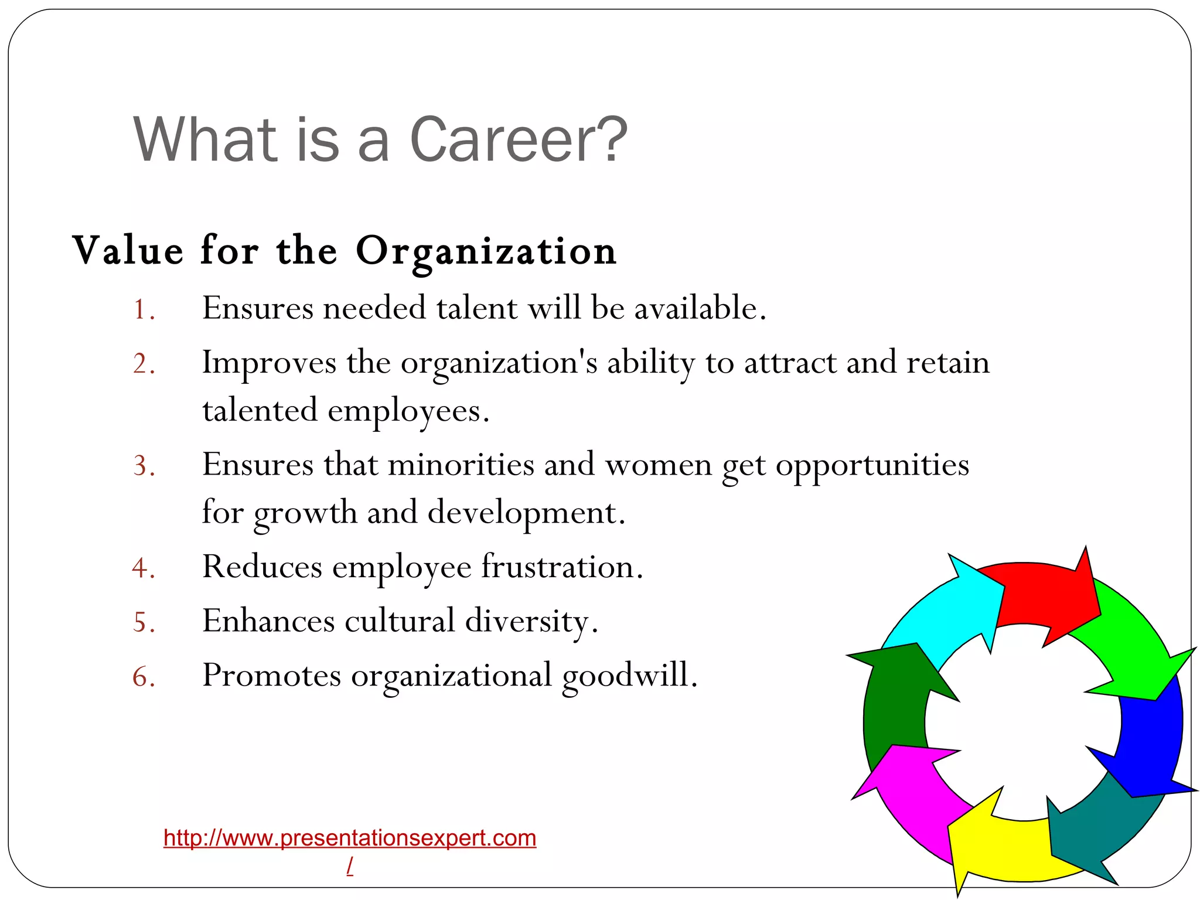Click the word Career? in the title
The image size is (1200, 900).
point(518,141)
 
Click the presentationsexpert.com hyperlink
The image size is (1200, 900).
point(350,838)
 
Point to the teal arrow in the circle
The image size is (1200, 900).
point(1096,832)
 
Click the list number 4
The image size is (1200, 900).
point(142,568)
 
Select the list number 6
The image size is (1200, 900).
point(143,676)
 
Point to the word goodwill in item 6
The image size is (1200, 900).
point(629,675)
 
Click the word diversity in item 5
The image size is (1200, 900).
point(531,621)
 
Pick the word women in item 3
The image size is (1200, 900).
point(658,465)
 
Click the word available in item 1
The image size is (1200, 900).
point(700,308)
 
